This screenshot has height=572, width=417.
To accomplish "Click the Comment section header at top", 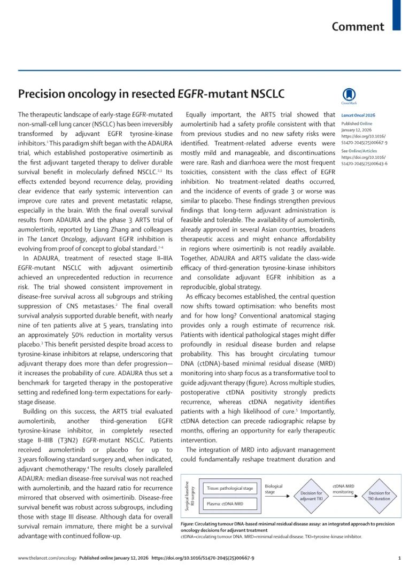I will [358, 27].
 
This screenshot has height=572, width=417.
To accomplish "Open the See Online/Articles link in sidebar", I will [359, 151].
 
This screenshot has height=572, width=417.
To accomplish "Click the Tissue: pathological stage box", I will [229, 489].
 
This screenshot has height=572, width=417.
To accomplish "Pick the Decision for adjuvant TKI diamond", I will [311, 496].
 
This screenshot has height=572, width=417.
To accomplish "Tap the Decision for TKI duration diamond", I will [379, 496].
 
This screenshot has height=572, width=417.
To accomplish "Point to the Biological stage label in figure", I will [274, 489].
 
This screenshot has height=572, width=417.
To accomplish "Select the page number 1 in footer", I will [399, 558].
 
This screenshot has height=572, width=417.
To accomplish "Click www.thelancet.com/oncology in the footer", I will [47, 558].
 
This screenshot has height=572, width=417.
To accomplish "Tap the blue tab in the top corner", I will [396, 14].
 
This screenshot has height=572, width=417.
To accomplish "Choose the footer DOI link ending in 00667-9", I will [203, 558].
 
